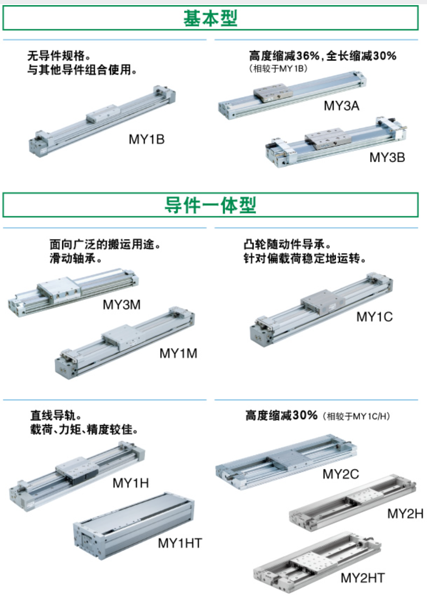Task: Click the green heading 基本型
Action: (x=210, y=18)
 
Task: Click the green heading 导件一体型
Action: (x=210, y=205)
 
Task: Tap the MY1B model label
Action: (x=147, y=139)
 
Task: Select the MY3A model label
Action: (x=341, y=105)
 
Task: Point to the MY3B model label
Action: (x=387, y=157)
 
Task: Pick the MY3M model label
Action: (x=122, y=305)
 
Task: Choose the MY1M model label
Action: (x=178, y=353)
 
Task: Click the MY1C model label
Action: (x=375, y=317)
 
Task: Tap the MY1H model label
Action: (x=131, y=483)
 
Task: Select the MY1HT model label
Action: (x=180, y=543)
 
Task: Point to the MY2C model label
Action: (x=341, y=474)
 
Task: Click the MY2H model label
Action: (x=405, y=513)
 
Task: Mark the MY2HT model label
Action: (x=362, y=578)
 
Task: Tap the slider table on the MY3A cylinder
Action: (x=273, y=92)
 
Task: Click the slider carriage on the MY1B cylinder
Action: (x=103, y=113)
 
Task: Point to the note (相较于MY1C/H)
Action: (x=356, y=416)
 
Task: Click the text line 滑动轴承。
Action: (x=76, y=258)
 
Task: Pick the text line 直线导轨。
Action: (x=56, y=415)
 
